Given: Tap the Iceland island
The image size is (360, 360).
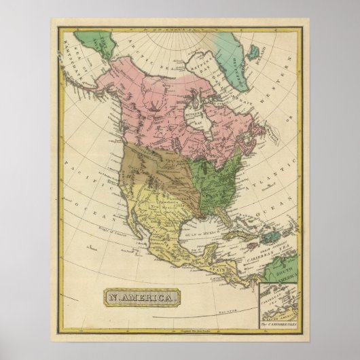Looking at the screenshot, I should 255,51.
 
